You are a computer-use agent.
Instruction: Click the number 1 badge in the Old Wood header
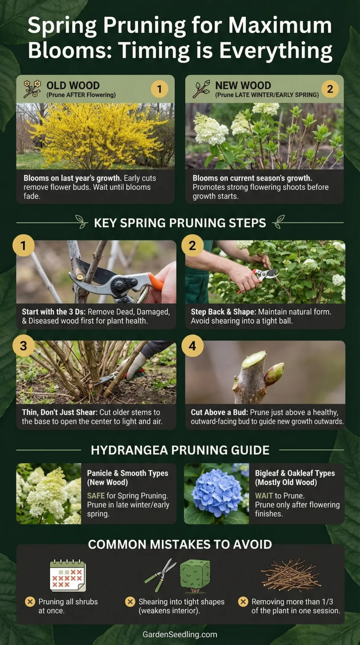tap(159, 89)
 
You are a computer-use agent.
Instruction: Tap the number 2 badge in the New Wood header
tap(330, 89)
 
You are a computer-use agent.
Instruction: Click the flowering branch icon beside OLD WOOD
tap(32, 89)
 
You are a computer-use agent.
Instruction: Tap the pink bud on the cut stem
tap(275, 372)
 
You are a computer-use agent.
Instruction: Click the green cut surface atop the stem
tap(253, 360)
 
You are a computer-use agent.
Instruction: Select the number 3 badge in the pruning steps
tap(24, 346)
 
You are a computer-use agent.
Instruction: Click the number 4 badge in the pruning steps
tap(192, 346)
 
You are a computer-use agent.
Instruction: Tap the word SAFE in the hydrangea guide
tap(96, 495)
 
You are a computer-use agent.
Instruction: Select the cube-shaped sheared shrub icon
tap(195, 575)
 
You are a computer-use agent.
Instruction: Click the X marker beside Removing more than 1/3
tap(243, 602)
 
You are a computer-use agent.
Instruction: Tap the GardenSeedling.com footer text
tap(180, 634)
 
